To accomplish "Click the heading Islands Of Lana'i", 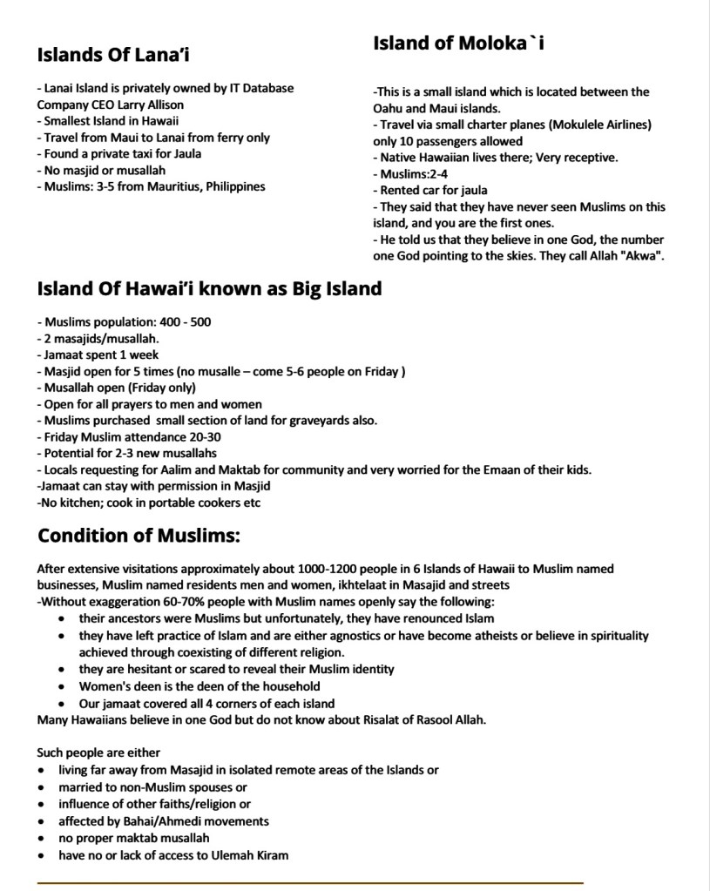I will click(114, 56).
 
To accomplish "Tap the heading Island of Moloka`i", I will click(459, 43).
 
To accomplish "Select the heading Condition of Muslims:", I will click(139, 534).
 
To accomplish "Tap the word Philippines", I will click(236, 186).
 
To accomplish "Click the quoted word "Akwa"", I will click(644, 256).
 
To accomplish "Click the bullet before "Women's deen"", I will click(60, 686).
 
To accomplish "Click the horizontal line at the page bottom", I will click(309, 883).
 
